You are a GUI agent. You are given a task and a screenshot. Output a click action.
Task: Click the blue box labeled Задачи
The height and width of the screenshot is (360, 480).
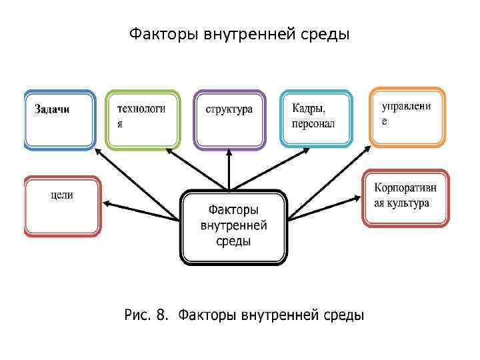click(59, 120)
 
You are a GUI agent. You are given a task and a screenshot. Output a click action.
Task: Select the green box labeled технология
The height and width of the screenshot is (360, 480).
click(143, 120)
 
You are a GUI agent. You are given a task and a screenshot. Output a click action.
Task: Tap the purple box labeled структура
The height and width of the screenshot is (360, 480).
click(229, 120)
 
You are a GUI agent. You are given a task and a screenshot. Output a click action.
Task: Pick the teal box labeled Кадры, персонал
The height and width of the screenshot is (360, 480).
click(315, 118)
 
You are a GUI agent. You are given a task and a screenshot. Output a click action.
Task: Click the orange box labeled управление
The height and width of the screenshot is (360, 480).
click(407, 117)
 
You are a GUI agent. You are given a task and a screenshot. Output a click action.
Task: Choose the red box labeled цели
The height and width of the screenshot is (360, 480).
click(61, 206)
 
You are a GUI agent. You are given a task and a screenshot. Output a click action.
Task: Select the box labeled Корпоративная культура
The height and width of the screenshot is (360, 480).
click(405, 198)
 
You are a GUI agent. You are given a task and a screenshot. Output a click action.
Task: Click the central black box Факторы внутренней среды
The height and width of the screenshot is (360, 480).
click(233, 227)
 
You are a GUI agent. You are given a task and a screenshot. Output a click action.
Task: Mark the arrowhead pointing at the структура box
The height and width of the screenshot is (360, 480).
click(229, 153)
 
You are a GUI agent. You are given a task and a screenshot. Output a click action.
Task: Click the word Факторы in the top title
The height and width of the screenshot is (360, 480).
click(158, 33)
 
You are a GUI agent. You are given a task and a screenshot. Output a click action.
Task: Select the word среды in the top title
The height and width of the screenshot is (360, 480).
click(326, 33)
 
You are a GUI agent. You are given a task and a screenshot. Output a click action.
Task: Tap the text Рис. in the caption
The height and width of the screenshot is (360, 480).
click(137, 314)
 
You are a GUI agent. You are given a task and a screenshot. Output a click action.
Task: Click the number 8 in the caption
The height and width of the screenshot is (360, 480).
click(160, 314)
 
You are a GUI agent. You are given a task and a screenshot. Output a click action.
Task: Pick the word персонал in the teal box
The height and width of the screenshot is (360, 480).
click(313, 124)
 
